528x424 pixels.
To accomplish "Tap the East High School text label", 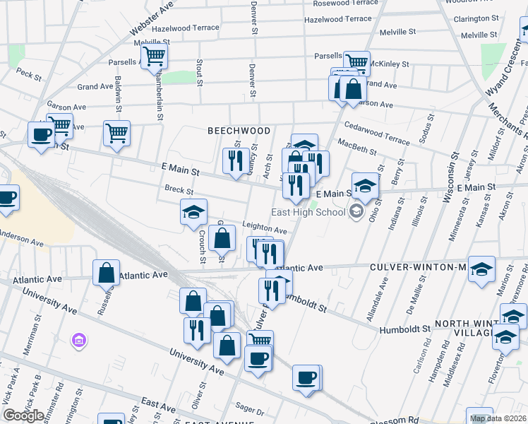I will click(308, 212).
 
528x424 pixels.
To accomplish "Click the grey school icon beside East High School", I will click(357, 212).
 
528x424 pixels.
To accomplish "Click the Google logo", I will click(24, 415).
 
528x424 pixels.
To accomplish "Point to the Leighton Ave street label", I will click(265, 230).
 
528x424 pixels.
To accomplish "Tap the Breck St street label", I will click(179, 190).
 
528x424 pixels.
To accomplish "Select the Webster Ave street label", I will click(151, 19).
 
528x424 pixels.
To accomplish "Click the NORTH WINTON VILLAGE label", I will click(480, 330).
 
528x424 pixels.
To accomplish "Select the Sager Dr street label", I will click(249, 409).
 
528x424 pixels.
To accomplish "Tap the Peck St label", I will click(29, 73).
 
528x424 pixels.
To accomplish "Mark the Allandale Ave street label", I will click(377, 298).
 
